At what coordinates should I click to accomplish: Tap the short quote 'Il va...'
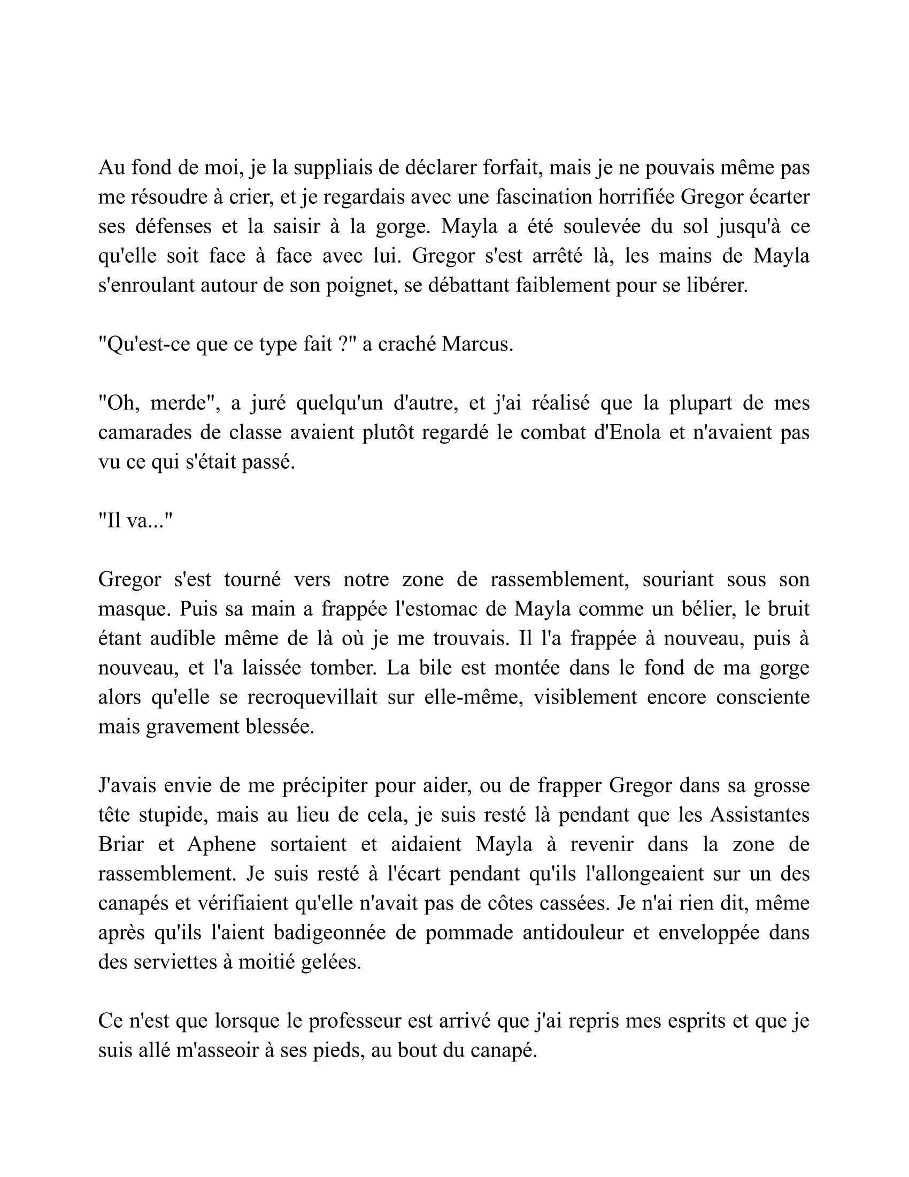[136, 521]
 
